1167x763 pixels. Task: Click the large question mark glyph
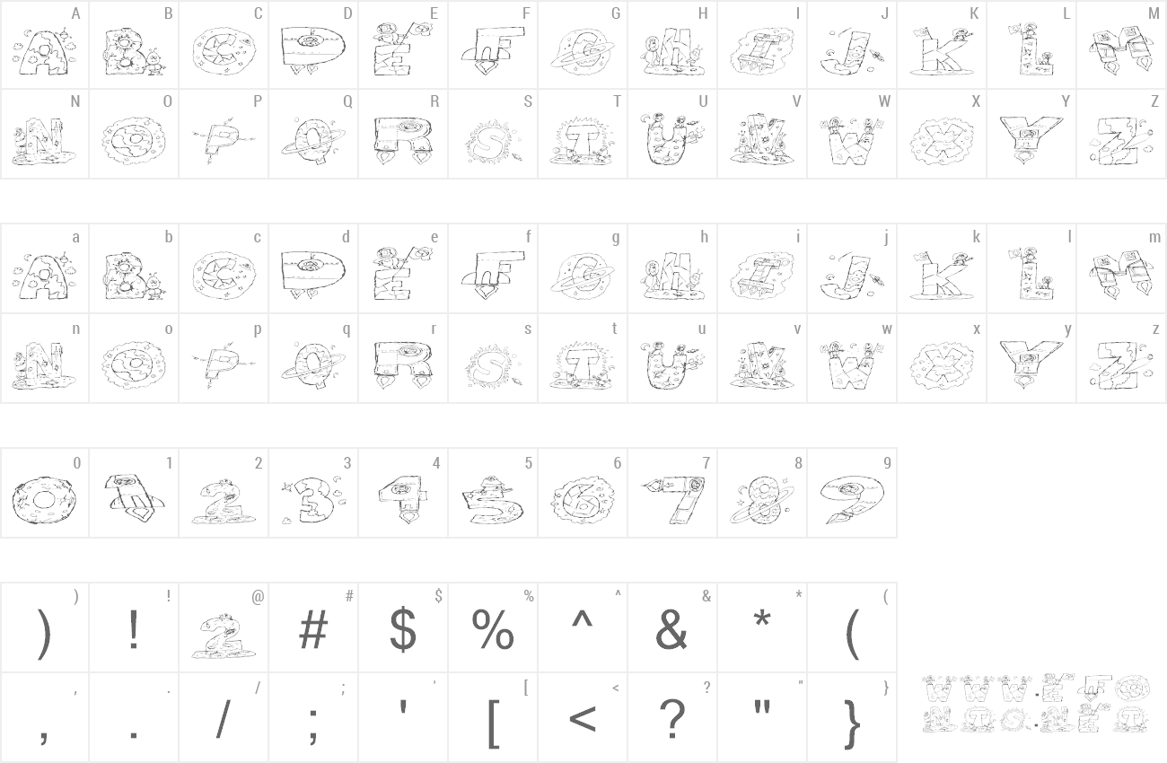click(x=671, y=718)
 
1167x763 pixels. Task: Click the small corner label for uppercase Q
click(x=347, y=101)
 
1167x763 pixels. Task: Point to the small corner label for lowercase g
click(x=616, y=238)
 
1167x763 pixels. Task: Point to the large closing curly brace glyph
click(x=853, y=724)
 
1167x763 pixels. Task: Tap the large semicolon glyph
click(x=313, y=722)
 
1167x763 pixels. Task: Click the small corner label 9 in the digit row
click(x=887, y=463)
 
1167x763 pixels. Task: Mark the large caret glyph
click(x=583, y=619)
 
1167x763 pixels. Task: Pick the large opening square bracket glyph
click(x=492, y=722)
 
